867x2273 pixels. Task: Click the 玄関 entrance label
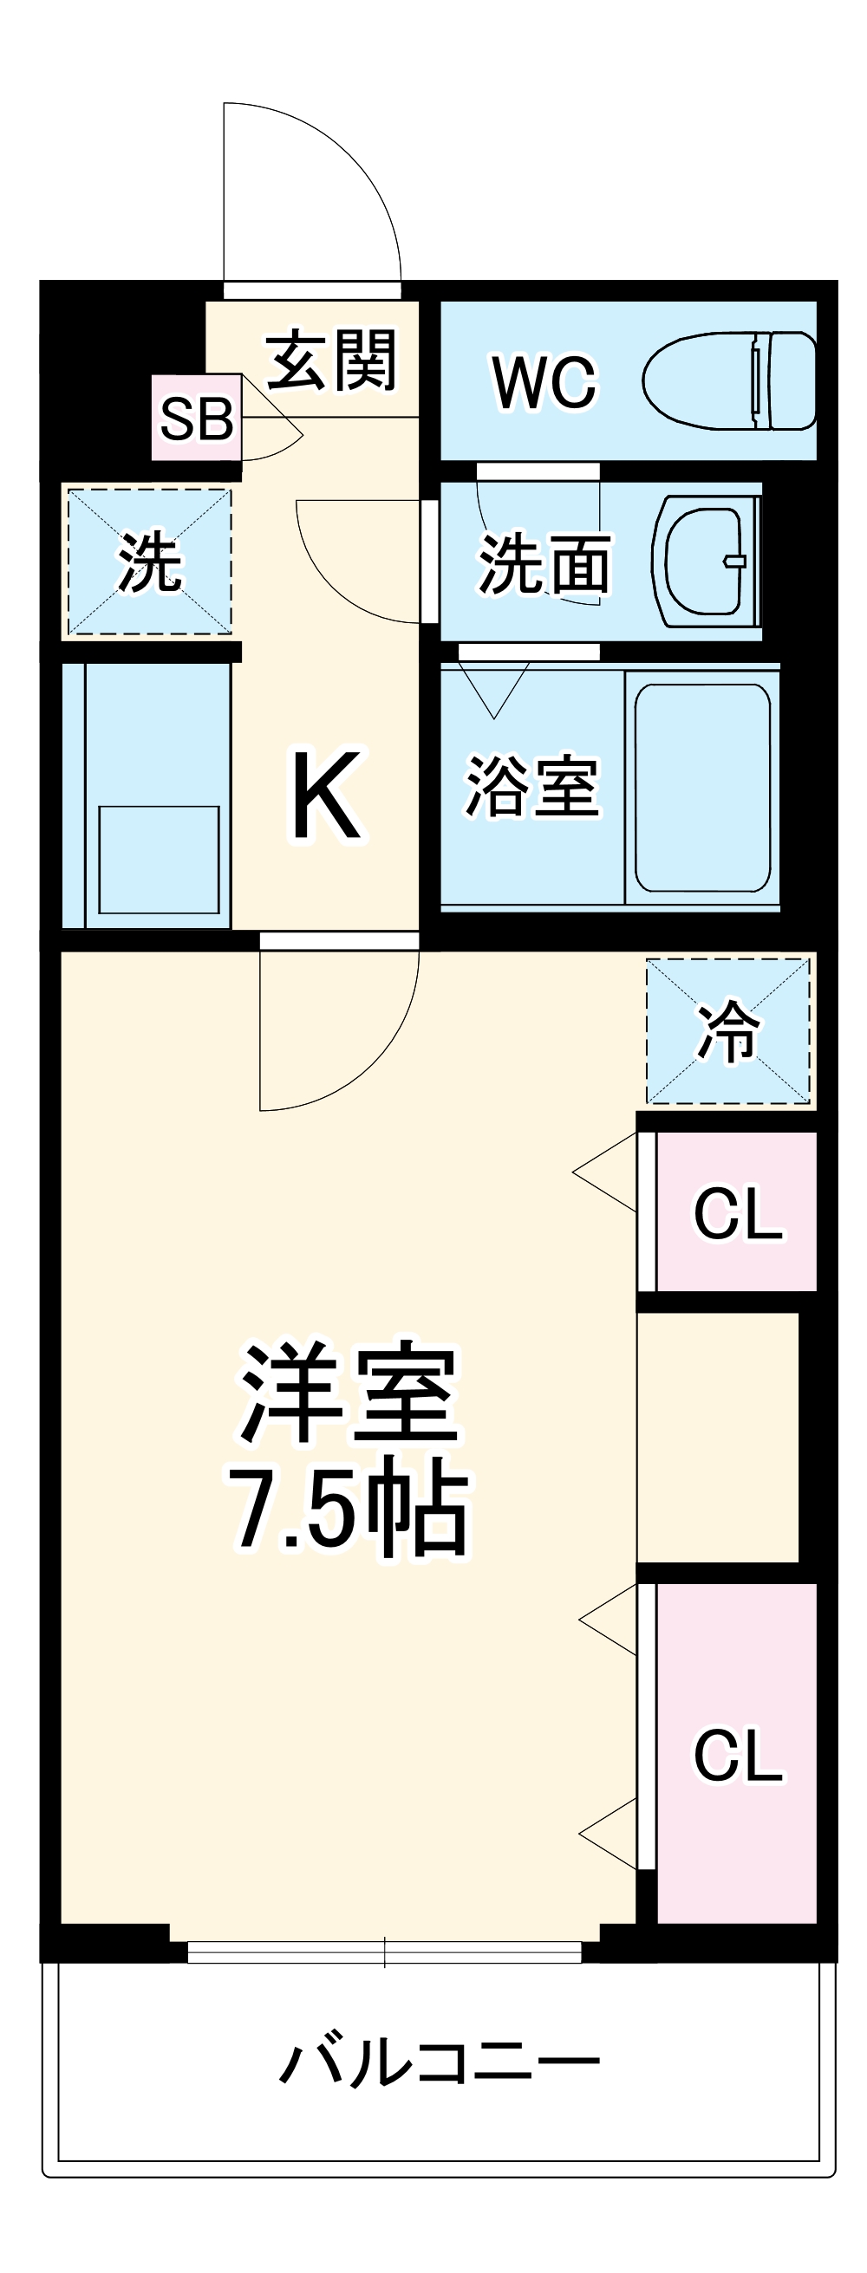pyautogui.click(x=331, y=360)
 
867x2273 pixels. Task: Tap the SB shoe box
pyautogui.click(x=196, y=419)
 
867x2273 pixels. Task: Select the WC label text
pyautogui.click(x=544, y=382)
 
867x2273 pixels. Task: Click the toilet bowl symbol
pyautogui.click(x=727, y=381)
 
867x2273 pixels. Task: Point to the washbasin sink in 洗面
pyautogui.click(x=705, y=562)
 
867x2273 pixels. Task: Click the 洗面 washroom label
pyautogui.click(x=544, y=564)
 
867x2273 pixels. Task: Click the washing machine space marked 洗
pyautogui.click(x=150, y=562)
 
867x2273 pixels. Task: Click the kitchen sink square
pyautogui.click(x=159, y=860)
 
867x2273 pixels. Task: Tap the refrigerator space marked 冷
pyautogui.click(x=727, y=1030)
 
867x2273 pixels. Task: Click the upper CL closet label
pyautogui.click(x=737, y=1214)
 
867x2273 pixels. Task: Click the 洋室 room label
pyautogui.click(x=349, y=1396)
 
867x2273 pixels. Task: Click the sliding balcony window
pyautogui.click(x=384, y=1952)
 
